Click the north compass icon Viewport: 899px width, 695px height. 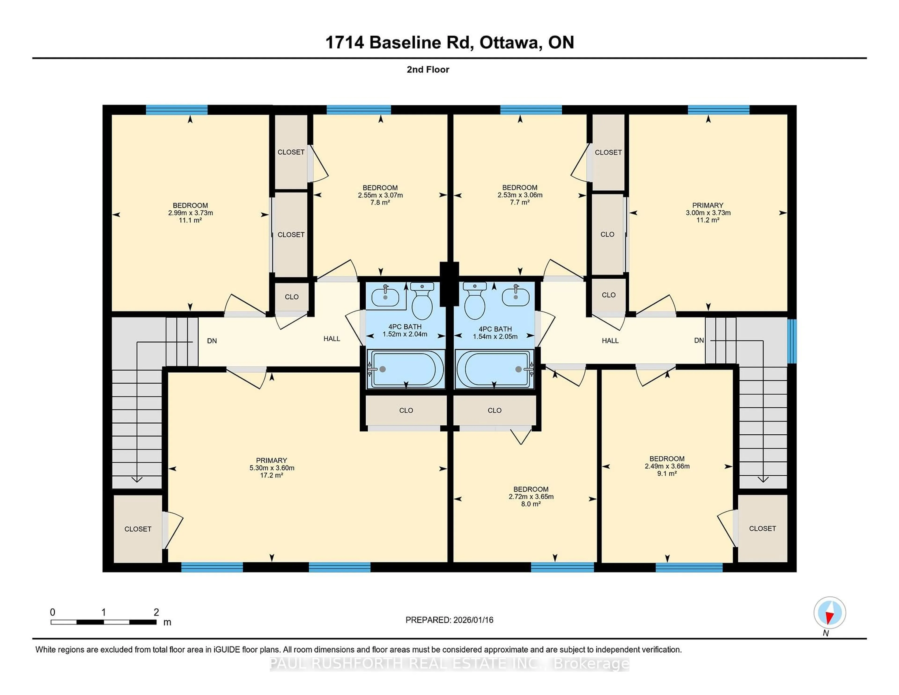[829, 613]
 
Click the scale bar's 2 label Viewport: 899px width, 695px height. [156, 612]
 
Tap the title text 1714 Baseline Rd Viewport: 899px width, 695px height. [397, 42]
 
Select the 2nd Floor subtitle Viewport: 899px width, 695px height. [428, 70]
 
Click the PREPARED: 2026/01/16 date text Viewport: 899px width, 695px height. [449, 620]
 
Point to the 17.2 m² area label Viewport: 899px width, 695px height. [271, 475]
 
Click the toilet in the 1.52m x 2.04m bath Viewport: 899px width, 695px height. [422, 302]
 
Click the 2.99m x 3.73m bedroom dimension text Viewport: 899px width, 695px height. [190, 213]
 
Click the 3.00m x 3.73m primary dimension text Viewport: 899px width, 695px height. [708, 213]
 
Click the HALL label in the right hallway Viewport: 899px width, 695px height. [610, 340]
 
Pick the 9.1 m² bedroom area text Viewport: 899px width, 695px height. [667, 473]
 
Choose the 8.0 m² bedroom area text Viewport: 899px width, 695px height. [531, 504]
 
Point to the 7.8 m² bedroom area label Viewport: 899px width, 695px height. [380, 203]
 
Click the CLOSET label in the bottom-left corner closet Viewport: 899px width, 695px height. [138, 529]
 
